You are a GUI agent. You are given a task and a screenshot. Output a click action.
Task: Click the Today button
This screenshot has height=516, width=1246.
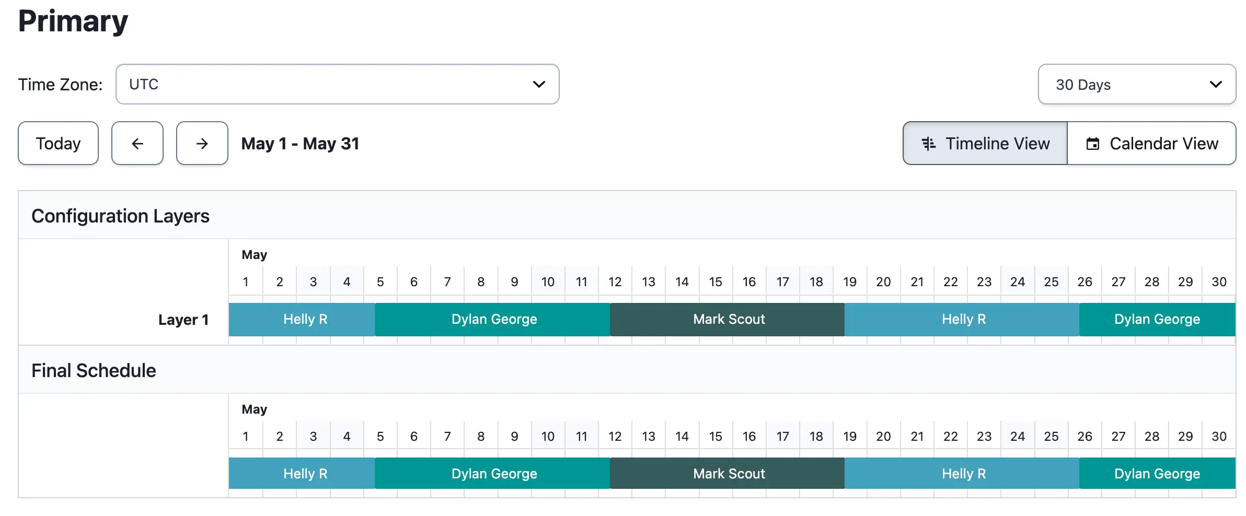58,143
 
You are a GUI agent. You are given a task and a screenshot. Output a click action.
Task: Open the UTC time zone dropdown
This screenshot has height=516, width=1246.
337,84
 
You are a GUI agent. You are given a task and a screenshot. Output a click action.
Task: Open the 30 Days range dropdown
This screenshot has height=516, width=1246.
1137,84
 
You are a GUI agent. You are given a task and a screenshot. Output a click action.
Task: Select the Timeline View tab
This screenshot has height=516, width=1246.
985,143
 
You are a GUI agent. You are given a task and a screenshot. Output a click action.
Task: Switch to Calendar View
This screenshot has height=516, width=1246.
1151,143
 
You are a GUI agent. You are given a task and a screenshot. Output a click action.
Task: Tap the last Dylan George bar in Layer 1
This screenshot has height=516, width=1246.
1157,319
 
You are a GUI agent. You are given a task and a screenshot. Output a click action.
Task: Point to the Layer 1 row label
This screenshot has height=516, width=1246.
183,320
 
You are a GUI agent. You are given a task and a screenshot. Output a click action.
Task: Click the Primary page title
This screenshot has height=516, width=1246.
73,21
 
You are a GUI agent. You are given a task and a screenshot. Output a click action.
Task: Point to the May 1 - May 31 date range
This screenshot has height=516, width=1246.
301,144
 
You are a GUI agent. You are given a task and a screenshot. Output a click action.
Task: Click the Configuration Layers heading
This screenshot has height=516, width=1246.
120,216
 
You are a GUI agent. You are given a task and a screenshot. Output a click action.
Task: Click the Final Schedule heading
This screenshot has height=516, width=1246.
94,370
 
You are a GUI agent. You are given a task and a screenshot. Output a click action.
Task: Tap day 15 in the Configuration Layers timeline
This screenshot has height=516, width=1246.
716,282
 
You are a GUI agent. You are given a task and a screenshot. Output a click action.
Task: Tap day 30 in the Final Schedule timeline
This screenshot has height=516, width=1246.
1219,436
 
